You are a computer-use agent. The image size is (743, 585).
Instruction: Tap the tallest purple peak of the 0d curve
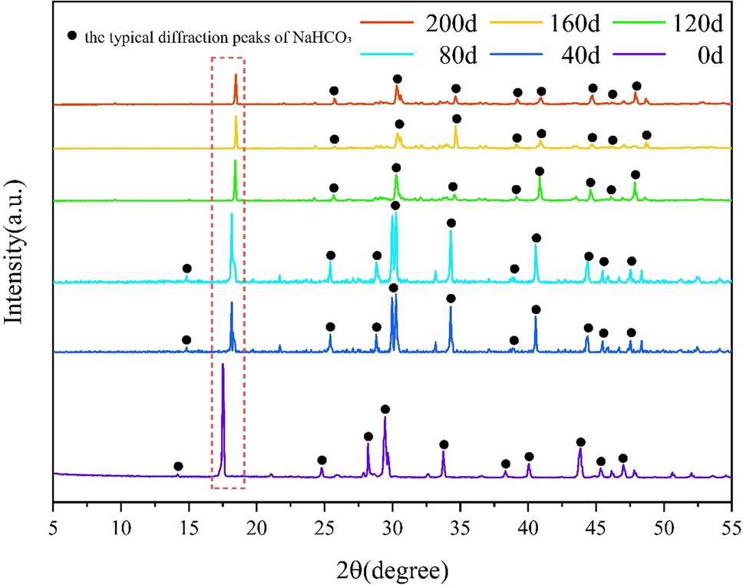click(x=223, y=365)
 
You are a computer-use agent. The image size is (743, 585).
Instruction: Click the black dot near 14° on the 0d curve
click(x=178, y=466)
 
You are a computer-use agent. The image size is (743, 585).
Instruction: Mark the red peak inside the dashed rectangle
click(x=236, y=75)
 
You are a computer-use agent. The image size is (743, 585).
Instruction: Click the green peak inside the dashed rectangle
click(x=235, y=161)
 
